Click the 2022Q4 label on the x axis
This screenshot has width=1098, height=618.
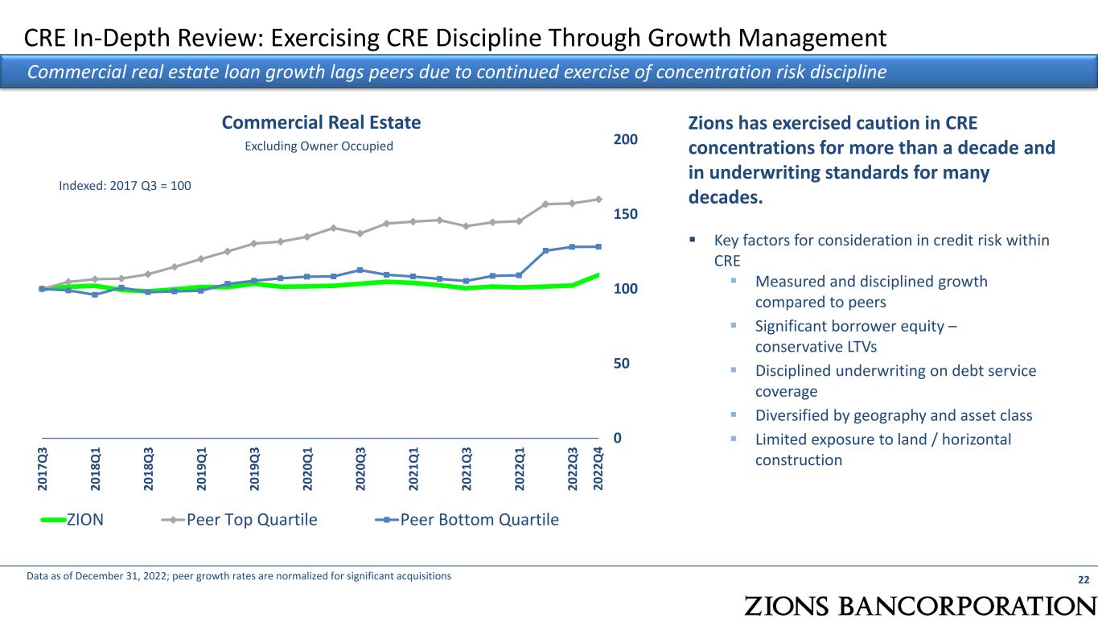click(598, 467)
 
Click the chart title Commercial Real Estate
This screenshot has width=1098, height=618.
click(321, 122)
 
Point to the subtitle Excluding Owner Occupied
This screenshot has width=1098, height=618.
click(319, 146)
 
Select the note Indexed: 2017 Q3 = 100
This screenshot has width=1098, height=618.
click(125, 185)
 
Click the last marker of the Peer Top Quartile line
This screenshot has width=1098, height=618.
click(598, 199)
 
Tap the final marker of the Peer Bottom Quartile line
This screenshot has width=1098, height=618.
click(598, 246)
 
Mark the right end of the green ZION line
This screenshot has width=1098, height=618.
click(598, 275)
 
